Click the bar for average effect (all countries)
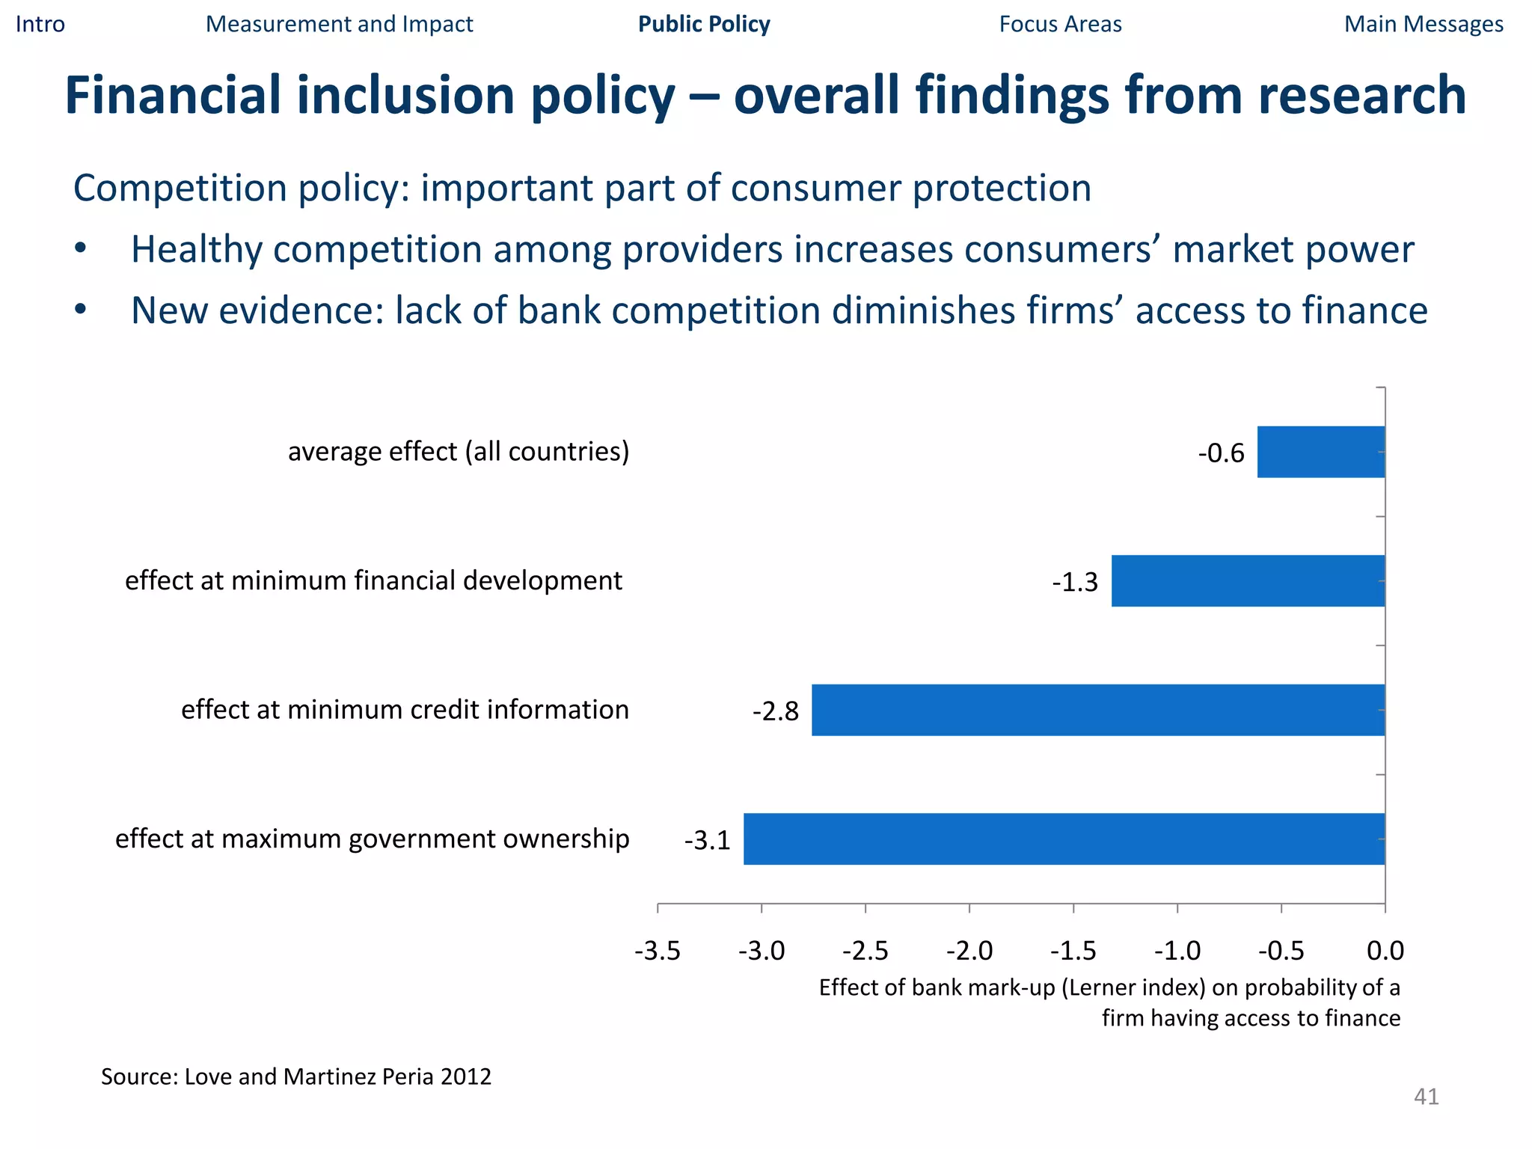pos(1321,452)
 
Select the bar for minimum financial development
pos(1248,580)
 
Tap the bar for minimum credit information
pos(1098,710)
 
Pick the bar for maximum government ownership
pos(1064,839)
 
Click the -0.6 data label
pos(1221,453)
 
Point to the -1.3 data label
pos(1074,582)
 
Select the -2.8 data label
pos(776,711)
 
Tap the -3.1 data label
pos(707,841)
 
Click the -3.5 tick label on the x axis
pos(658,951)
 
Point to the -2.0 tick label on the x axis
pos(969,951)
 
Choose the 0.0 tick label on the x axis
pos(1385,951)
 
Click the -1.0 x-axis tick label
pos(1177,951)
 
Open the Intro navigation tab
pos(40,24)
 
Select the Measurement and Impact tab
pos(339,24)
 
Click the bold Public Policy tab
pos(704,24)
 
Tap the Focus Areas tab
pos(1060,24)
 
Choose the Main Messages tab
pos(1424,24)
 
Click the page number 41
pos(1426,1097)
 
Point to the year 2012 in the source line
pos(466,1076)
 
